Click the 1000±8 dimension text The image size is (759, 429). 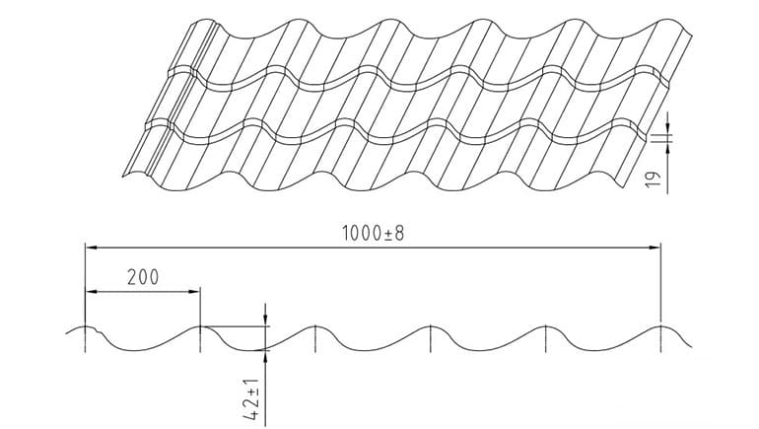coord(373,234)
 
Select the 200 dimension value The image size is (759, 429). coord(143,277)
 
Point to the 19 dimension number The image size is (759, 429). coord(654,179)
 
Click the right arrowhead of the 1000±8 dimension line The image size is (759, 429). coord(655,248)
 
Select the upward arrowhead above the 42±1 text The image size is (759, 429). coord(265,356)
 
